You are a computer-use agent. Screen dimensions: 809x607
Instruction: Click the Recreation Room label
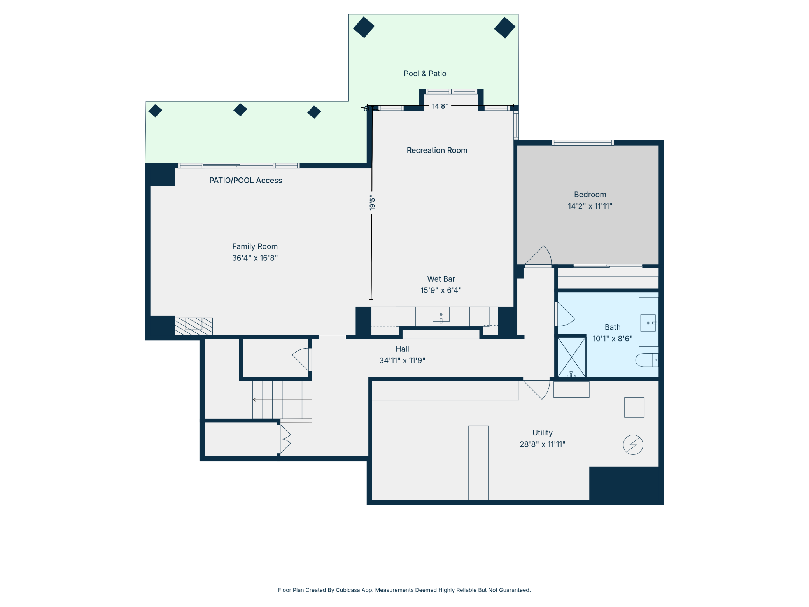pyautogui.click(x=437, y=150)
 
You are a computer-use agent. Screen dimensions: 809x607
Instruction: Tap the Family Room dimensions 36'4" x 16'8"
pyautogui.click(x=255, y=258)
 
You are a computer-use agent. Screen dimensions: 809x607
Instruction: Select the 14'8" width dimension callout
pyautogui.click(x=440, y=106)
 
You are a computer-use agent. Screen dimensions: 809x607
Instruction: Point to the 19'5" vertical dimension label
pyautogui.click(x=372, y=203)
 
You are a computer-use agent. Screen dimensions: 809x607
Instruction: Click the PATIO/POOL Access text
pyautogui.click(x=245, y=181)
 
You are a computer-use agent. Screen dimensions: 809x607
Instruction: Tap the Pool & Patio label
pyautogui.click(x=425, y=74)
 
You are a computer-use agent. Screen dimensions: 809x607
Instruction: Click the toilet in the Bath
pyautogui.click(x=647, y=360)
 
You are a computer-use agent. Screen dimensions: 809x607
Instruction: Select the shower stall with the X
pyautogui.click(x=571, y=357)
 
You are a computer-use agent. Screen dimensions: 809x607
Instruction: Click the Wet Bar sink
pyautogui.click(x=441, y=314)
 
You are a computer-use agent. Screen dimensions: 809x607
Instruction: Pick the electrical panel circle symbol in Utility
pyautogui.click(x=633, y=445)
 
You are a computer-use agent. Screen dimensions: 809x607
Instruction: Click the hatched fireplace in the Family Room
pyautogui.click(x=194, y=326)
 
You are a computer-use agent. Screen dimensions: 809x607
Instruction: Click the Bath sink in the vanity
pyautogui.click(x=648, y=323)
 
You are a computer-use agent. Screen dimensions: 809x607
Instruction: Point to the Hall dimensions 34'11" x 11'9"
pyautogui.click(x=402, y=361)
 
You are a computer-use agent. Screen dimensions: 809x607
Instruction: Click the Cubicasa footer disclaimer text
pyautogui.click(x=404, y=590)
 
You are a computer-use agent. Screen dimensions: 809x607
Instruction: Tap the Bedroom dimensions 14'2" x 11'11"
pyautogui.click(x=590, y=206)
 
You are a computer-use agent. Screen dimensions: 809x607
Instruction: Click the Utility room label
pyautogui.click(x=542, y=433)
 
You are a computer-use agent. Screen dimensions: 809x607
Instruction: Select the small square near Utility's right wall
pyautogui.click(x=634, y=407)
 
